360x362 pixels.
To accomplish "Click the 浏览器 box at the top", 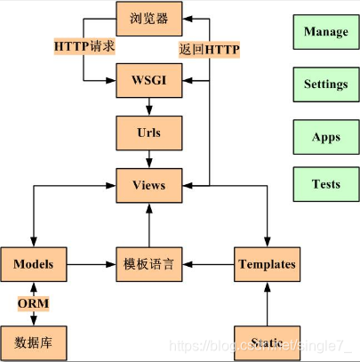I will point(148,18).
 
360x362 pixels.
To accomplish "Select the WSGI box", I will point(148,80).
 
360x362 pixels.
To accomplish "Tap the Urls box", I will point(148,133).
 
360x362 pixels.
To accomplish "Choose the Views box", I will point(148,185).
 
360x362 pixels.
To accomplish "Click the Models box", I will point(34,264).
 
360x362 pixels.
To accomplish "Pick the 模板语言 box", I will point(148,264).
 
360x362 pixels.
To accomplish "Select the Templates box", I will point(267,264).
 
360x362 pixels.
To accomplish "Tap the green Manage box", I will point(325,32).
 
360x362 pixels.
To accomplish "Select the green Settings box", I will point(325,84).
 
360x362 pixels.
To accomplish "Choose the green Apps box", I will point(325,137).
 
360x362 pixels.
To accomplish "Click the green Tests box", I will point(325,185).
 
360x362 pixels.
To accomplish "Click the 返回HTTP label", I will point(210,49).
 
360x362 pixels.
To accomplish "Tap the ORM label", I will point(34,304).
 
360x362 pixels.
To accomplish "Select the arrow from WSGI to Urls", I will point(148,106).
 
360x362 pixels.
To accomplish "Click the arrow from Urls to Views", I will point(148,158).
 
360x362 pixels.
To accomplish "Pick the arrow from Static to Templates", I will point(267,303).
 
